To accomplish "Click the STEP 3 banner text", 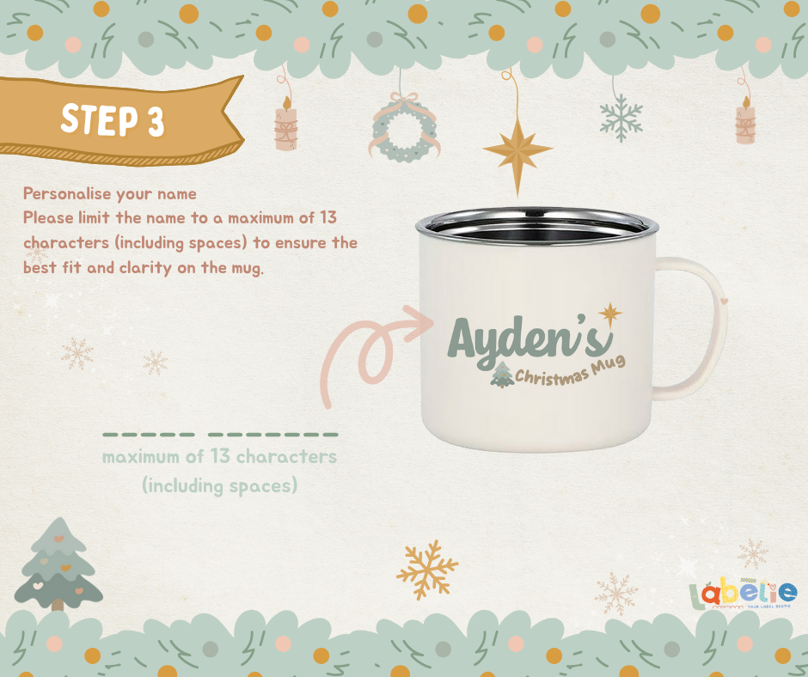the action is tap(113, 120).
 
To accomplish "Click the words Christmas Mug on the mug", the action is tap(570, 371).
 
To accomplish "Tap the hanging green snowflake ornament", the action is tap(621, 118).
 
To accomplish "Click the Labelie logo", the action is tap(743, 594).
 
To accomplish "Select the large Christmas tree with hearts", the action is tap(58, 564).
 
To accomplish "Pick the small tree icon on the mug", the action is tap(502, 374).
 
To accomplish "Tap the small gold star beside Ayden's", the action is tap(610, 314).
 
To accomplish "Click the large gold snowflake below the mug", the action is tap(427, 570).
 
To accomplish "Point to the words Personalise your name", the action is tap(110, 193).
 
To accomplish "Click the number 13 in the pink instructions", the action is tap(327, 217).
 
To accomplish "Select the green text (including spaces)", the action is tap(220, 486).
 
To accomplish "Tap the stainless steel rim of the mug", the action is tap(537, 225).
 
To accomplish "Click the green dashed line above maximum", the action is tap(221, 435).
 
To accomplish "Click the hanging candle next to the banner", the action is tap(286, 124).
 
